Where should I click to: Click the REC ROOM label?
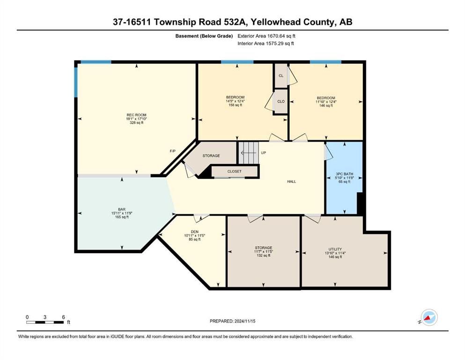click(x=136, y=115)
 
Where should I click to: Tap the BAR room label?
click(x=122, y=209)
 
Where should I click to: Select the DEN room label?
click(x=194, y=232)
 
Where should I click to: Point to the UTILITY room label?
click(x=335, y=249)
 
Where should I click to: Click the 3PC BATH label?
click(x=344, y=174)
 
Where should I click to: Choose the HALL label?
click(x=292, y=181)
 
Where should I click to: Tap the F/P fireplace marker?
click(x=172, y=151)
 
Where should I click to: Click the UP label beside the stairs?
click(x=263, y=153)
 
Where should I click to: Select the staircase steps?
click(x=249, y=152)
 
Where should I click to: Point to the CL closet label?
click(x=281, y=75)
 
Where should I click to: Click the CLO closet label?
click(x=281, y=101)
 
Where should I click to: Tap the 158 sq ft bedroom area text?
click(x=235, y=105)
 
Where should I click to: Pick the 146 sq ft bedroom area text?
click(x=326, y=105)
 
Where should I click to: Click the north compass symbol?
click(x=429, y=317)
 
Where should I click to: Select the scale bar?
click(x=45, y=322)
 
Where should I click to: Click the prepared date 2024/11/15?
click(x=244, y=321)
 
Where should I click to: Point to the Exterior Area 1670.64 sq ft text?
click(x=266, y=36)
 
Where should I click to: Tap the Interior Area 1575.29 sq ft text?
click(x=266, y=43)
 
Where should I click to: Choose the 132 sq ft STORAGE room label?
click(x=263, y=252)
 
